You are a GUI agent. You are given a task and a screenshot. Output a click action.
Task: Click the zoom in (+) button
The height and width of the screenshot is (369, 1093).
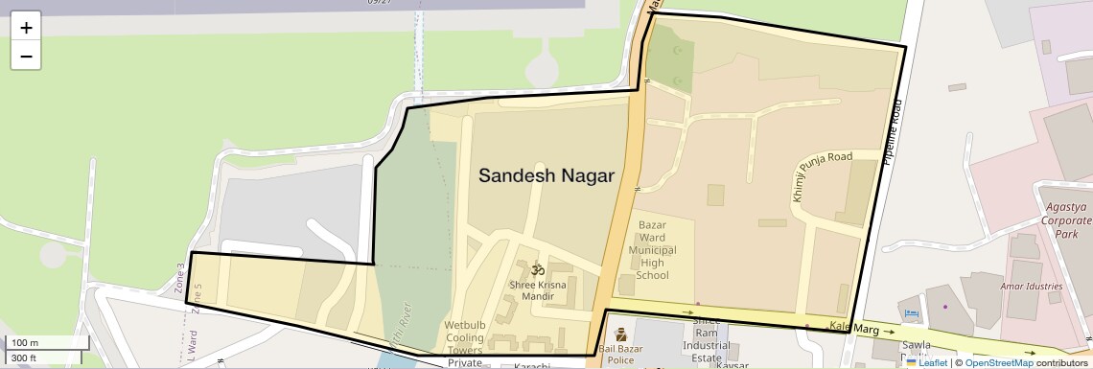tap(26, 28)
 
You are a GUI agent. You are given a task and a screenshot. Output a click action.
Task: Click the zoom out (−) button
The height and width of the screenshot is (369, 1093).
tap(26, 56)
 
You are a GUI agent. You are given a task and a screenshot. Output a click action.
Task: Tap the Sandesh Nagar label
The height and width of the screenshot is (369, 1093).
tap(546, 175)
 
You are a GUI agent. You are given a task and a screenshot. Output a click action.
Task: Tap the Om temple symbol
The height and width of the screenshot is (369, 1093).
tap(538, 269)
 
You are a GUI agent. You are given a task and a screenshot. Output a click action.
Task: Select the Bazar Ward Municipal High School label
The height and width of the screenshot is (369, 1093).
tap(652, 250)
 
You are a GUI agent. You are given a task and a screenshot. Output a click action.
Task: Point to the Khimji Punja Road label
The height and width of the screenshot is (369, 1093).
tap(809, 176)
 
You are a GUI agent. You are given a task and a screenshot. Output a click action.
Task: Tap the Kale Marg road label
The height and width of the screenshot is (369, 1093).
tap(853, 328)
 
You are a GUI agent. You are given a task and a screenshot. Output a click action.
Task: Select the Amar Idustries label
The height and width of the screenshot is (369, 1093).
tap(1031, 287)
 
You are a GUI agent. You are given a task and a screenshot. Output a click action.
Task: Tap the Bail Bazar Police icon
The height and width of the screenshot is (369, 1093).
tap(620, 334)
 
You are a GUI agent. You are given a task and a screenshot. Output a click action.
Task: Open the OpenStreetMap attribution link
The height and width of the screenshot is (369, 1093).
tap(998, 362)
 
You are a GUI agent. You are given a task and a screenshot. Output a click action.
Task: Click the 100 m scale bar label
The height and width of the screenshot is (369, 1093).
tap(25, 343)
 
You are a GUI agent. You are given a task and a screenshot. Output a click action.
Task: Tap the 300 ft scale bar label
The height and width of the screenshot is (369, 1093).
tap(25, 357)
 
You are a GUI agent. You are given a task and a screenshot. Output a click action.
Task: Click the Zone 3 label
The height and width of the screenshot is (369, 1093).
tap(179, 277)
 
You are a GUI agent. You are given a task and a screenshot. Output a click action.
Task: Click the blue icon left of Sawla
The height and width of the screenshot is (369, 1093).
tap(911, 313)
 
